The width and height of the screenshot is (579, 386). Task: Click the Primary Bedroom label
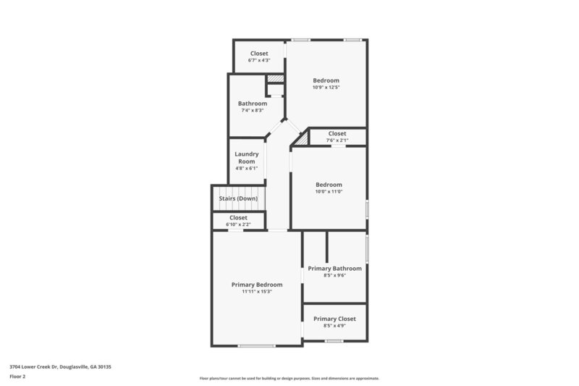tap(257, 285)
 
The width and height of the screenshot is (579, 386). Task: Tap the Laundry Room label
tap(247, 157)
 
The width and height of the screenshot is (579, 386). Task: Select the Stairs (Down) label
tap(238, 198)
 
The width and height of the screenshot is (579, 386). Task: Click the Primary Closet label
tap(334, 319)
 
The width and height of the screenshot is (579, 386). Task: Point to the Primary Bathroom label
tap(334, 269)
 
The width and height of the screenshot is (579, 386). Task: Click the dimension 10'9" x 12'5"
tap(326, 87)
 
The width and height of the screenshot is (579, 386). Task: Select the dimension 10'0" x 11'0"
tap(329, 191)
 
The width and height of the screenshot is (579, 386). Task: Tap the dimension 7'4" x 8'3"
tap(253, 110)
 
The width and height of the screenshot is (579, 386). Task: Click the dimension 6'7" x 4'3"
tap(259, 60)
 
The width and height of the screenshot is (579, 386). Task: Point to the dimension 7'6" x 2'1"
tap(337, 140)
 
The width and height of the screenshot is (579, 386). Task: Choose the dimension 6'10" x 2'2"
tap(238, 225)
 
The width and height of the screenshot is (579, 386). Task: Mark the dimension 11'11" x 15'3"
tap(257, 292)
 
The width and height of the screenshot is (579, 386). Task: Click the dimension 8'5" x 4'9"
tap(334, 326)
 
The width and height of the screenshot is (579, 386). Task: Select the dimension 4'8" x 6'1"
tap(247, 168)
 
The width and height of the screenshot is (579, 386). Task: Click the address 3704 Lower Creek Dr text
tap(60, 367)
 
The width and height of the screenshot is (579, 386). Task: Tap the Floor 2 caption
tap(17, 377)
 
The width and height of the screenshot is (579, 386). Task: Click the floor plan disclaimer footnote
tap(289, 378)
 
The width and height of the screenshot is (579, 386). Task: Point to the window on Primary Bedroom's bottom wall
tap(257, 345)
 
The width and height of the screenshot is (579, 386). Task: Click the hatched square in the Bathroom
tap(274, 79)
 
